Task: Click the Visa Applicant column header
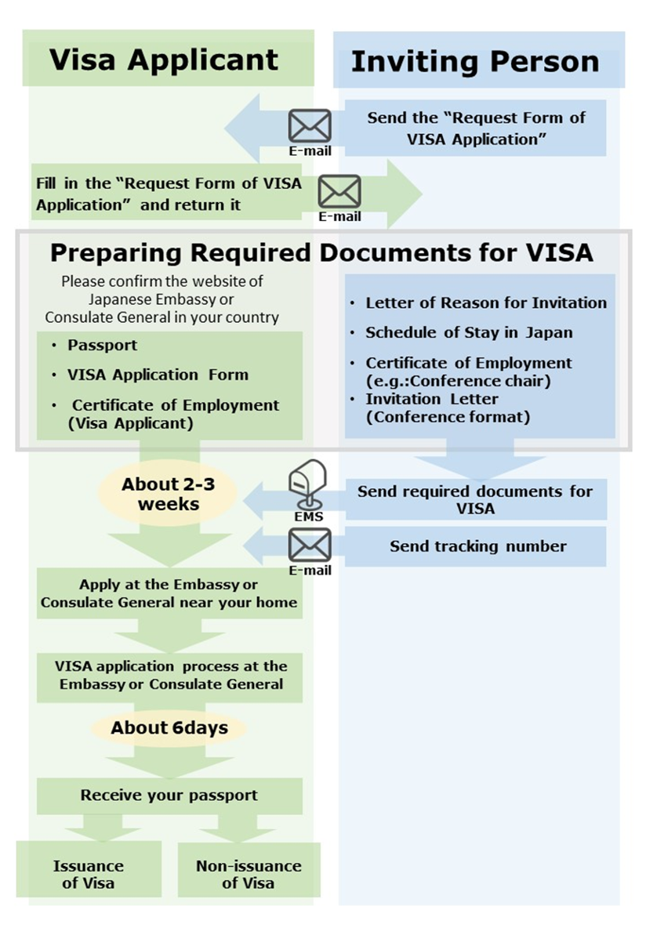pyautogui.click(x=164, y=60)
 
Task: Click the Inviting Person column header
pyautogui.click(x=475, y=61)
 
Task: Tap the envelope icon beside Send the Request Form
pyautogui.click(x=310, y=126)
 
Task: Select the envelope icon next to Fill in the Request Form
pyautogui.click(x=339, y=192)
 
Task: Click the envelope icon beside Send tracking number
pyautogui.click(x=310, y=545)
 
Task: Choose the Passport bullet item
pyautogui.click(x=102, y=345)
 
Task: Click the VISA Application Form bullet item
pyautogui.click(x=158, y=375)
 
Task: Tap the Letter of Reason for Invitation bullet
pyautogui.click(x=486, y=303)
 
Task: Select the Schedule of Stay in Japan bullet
pyautogui.click(x=469, y=332)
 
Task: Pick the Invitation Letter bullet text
pyautogui.click(x=431, y=399)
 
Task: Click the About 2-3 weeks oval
pyautogui.click(x=168, y=495)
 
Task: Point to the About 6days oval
pyautogui.click(x=169, y=728)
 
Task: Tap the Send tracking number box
pyautogui.click(x=477, y=546)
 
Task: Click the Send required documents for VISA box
pyautogui.click(x=475, y=499)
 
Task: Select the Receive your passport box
pyautogui.click(x=169, y=795)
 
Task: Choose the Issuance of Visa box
pyautogui.click(x=89, y=874)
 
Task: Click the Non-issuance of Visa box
pyautogui.click(x=249, y=874)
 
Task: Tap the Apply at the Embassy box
pyautogui.click(x=169, y=594)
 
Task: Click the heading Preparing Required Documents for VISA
pyautogui.click(x=321, y=252)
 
